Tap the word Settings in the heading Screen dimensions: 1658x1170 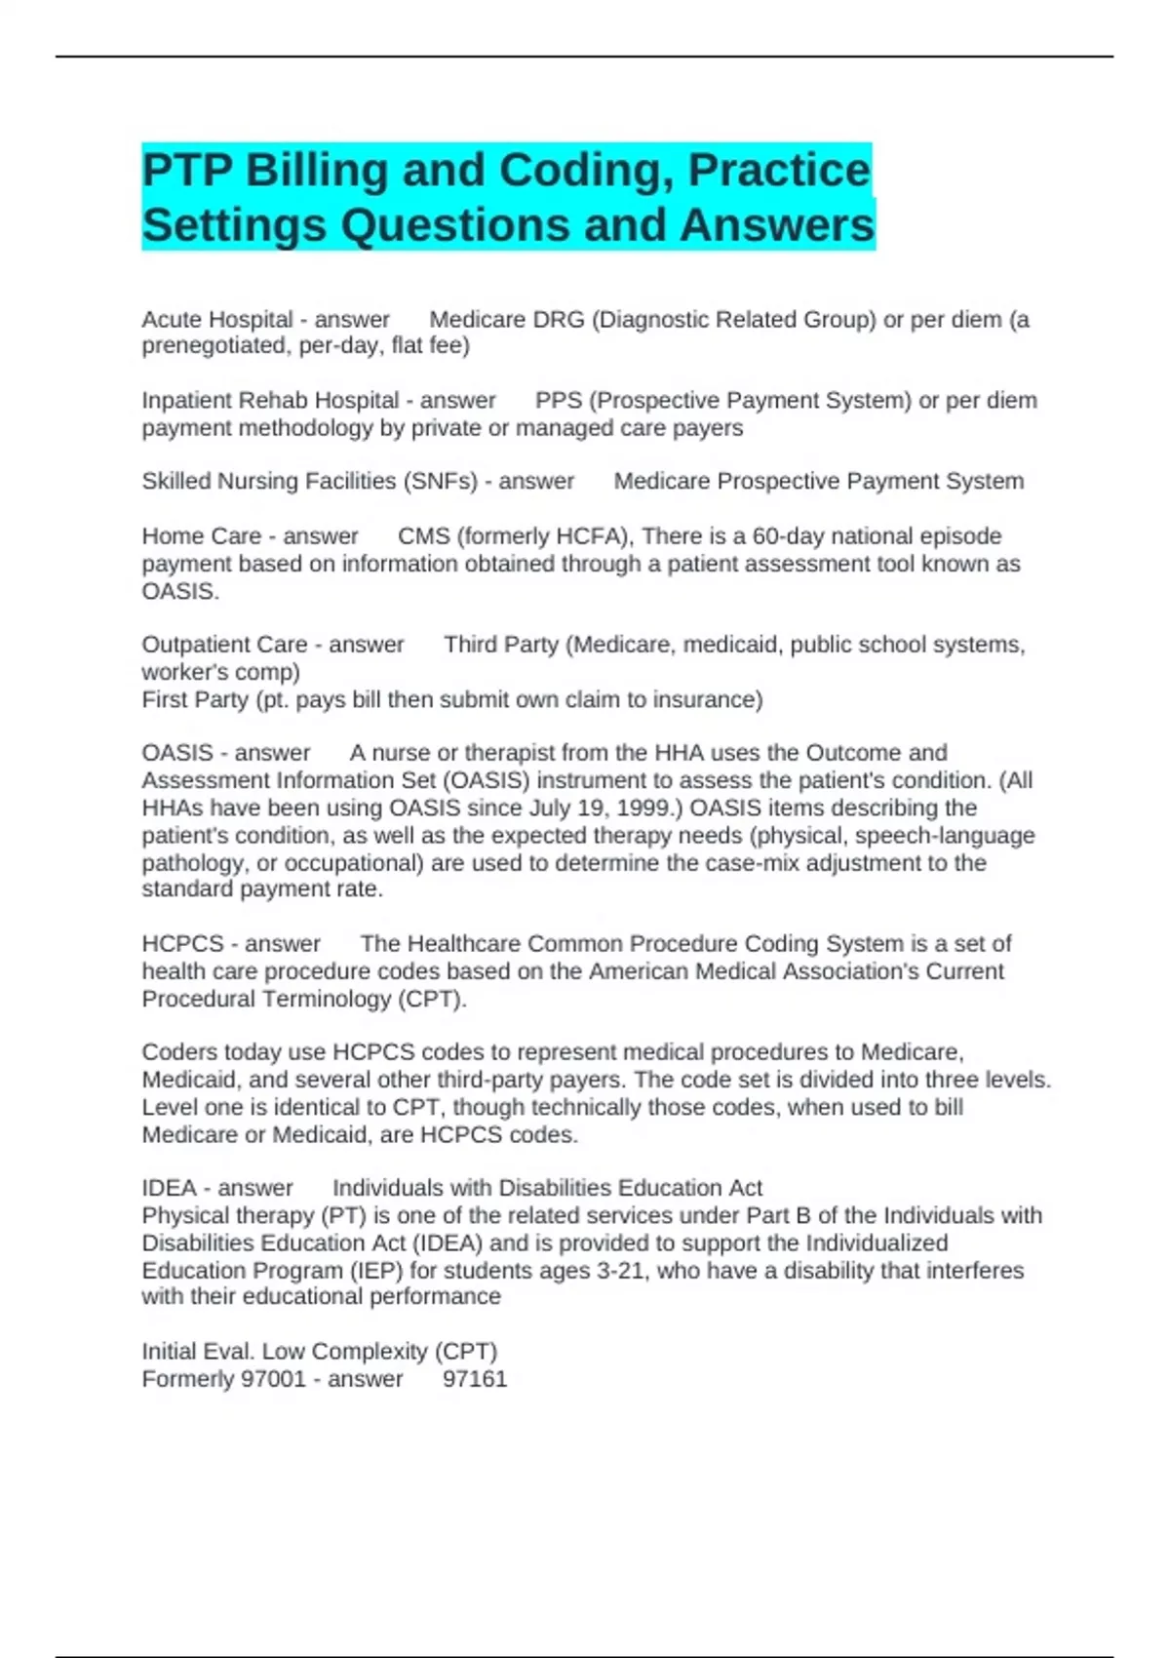234,225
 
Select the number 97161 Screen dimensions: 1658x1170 475,1379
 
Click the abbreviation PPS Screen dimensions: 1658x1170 559,401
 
